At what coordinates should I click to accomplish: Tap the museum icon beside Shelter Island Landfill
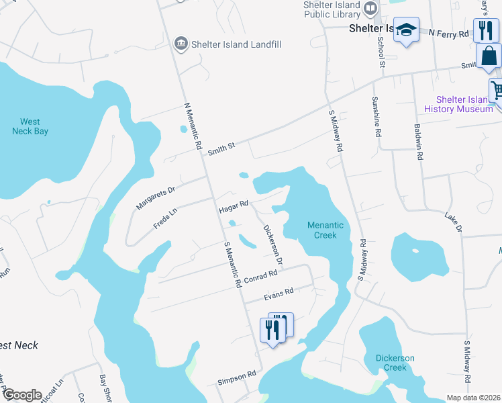point(180,44)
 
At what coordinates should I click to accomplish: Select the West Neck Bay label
point(30,126)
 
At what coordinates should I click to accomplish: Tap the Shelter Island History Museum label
point(459,104)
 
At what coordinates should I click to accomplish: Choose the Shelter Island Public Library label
point(332,9)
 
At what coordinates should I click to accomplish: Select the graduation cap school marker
point(406,30)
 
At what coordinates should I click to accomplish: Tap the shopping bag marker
point(489,58)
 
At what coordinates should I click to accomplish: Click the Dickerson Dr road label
point(272,244)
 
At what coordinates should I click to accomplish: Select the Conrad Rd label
point(260,277)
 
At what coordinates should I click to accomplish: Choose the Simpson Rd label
point(236,379)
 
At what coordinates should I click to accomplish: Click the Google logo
point(22,395)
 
